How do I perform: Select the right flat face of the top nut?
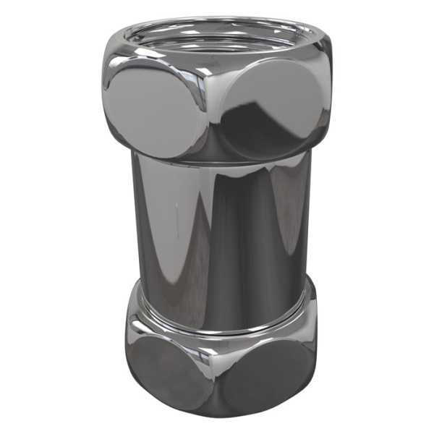click(x=271, y=109)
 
